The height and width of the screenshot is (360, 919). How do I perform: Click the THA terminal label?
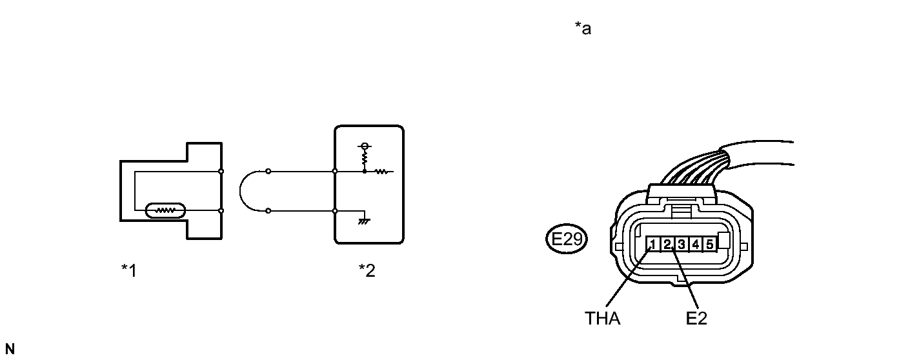602,319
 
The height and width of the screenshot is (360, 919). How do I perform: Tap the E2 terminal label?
697,319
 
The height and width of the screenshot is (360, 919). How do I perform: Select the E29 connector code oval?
566,241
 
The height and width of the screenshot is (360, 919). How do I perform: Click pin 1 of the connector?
653,245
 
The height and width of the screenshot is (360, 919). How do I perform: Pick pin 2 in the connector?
668,245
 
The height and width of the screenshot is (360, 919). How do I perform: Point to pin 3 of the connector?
682,245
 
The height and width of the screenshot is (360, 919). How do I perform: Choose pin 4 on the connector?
696,245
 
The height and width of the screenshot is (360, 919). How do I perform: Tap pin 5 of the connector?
709,245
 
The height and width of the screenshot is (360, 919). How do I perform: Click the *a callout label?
583,29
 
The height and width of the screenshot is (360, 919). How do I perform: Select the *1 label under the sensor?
129,270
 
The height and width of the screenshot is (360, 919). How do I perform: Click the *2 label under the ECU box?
367,270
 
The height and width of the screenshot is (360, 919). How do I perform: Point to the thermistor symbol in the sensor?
166,210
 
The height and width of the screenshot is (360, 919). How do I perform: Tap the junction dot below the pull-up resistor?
365,172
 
